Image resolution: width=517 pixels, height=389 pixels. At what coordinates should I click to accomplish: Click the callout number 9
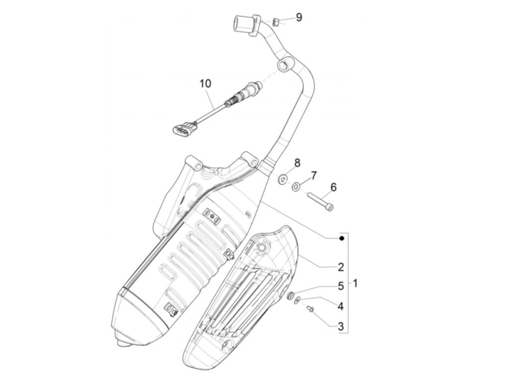click(298, 17)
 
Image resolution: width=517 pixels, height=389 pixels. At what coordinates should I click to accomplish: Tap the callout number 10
click(206, 84)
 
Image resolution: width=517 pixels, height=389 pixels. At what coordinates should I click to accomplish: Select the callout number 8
click(297, 162)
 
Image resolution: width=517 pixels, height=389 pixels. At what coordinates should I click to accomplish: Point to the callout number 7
click(313, 175)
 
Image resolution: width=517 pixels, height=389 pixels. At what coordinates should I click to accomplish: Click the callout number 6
click(333, 187)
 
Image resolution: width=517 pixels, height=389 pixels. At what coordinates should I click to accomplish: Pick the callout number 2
click(340, 267)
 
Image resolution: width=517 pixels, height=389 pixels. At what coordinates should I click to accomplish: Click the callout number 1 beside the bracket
click(355, 284)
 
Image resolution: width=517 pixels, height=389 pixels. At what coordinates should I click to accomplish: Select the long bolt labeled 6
click(319, 202)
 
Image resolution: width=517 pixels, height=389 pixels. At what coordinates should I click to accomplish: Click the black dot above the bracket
click(342, 239)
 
